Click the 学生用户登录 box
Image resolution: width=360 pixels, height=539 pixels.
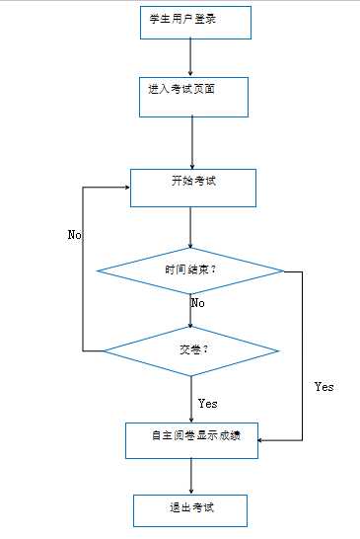[193, 23]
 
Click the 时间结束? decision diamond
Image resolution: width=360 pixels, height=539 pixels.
[190, 269]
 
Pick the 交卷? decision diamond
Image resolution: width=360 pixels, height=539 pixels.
[191, 350]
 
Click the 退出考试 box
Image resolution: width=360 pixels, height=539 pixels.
[191, 510]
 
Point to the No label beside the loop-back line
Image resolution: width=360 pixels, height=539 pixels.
[74, 235]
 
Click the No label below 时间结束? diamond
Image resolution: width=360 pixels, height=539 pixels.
[197, 302]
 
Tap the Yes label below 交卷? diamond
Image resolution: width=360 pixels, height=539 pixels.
[207, 403]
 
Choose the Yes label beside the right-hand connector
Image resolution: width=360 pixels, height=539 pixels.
[324, 386]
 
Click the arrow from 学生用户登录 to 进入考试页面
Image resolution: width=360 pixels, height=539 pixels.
[192, 57]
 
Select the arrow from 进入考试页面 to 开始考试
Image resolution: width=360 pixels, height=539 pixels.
[191, 141]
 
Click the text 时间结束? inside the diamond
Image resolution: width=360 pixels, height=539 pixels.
[190, 269]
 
